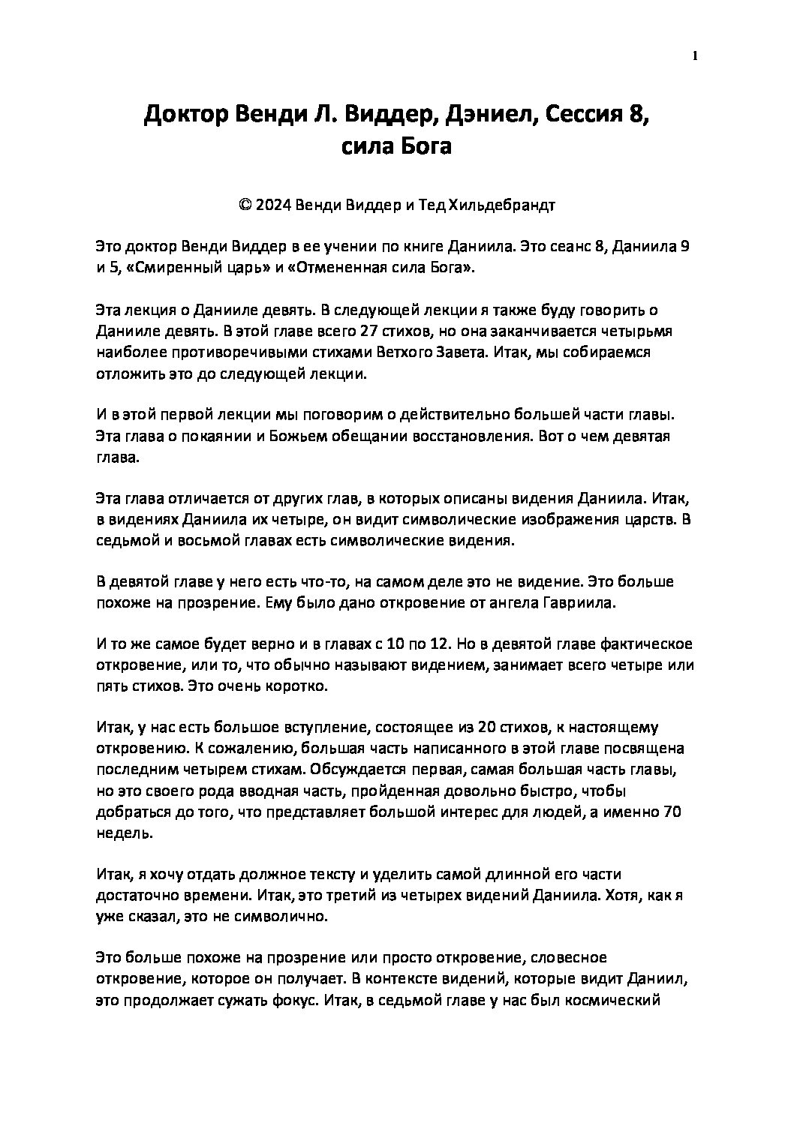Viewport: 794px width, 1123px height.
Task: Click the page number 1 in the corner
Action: point(695,56)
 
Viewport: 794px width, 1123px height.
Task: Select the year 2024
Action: point(270,205)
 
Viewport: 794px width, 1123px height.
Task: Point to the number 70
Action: point(672,811)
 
